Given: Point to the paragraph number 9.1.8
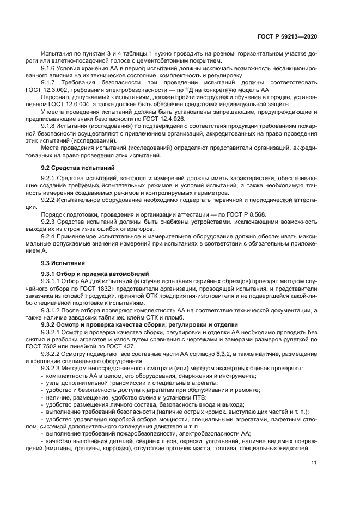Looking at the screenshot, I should (50, 125).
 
